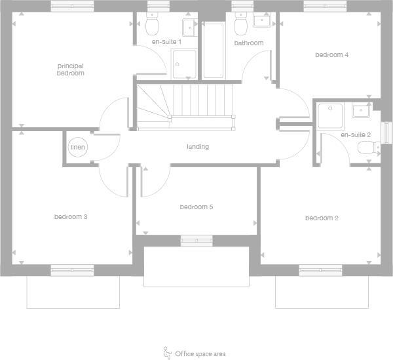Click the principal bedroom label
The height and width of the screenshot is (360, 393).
coord(71,70)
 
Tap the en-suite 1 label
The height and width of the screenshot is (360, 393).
coord(166,42)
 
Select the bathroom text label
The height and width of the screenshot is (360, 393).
coord(249,43)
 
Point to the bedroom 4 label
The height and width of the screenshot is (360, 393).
coord(331,55)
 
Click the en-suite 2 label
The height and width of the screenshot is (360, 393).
coord(356,135)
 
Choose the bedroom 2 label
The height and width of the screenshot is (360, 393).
coord(321,218)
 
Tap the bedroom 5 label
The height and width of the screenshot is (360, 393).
coord(196,207)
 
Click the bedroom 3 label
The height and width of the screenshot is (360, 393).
coord(71,216)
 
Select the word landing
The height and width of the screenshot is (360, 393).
coord(197,147)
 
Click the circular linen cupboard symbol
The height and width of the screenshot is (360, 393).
coord(77,148)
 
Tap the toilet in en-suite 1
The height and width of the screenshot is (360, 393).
coord(153,26)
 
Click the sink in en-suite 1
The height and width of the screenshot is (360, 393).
coord(190,26)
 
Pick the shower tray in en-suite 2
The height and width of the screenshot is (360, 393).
coord(331,116)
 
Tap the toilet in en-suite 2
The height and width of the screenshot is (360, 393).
coord(368,150)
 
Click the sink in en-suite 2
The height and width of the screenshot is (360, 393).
coord(361,110)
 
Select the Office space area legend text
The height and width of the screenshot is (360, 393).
coord(200,354)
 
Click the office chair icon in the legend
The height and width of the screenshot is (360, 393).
coord(167,353)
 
